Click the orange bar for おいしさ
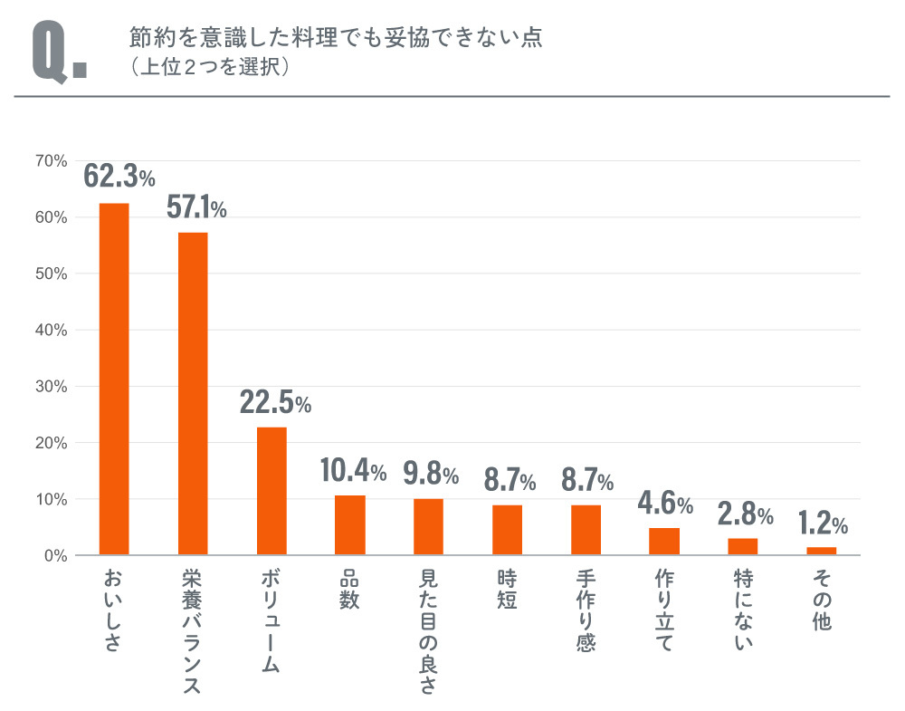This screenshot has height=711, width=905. point(114,379)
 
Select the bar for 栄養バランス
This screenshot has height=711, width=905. point(193,393)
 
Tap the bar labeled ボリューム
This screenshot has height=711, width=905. point(271,491)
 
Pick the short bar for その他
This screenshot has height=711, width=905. point(821,551)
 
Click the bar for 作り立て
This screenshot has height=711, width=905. point(664,541)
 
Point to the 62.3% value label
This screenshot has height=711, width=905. point(119,176)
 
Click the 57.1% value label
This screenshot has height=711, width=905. point(196,207)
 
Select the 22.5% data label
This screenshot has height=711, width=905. point(275,403)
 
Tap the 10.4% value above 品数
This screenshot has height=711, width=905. point(353,470)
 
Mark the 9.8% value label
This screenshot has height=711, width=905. point(431,474)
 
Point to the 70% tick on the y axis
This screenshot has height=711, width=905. point(52,161)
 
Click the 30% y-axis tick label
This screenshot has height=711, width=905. point(52,387)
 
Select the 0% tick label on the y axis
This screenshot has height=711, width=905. point(55,555)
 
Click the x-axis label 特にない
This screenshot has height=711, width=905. point(743,610)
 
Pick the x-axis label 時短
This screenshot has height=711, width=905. point(507,588)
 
